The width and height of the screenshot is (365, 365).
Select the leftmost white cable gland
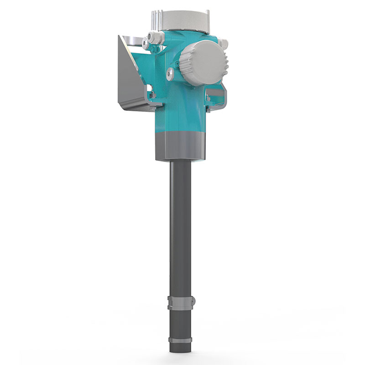[146, 43]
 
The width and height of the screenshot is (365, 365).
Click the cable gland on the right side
[223, 44]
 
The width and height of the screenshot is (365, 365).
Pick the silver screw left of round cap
[170, 72]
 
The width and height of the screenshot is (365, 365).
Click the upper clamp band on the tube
[180, 302]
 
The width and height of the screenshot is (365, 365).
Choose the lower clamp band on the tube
[180, 340]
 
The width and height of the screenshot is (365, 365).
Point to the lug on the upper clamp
[193, 301]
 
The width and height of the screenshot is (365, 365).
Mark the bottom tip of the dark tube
[180, 350]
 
